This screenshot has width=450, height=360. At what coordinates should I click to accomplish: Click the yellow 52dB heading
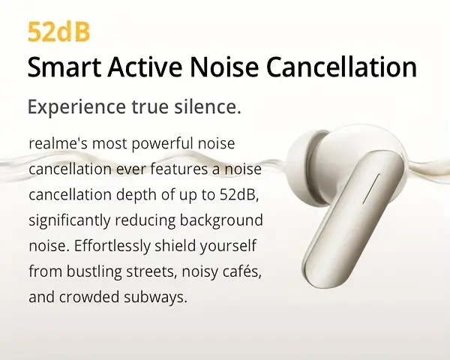58,31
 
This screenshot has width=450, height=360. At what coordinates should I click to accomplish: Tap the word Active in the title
145,67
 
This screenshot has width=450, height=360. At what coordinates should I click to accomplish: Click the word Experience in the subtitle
76,107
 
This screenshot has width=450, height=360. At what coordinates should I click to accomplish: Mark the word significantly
70,220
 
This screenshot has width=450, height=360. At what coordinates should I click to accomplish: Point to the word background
221,220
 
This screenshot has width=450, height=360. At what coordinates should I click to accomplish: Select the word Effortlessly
112,246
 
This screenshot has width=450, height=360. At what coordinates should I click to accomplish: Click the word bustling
94,271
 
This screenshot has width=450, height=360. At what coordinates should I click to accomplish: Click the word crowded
88,297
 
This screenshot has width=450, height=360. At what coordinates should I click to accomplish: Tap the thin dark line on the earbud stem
371,188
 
